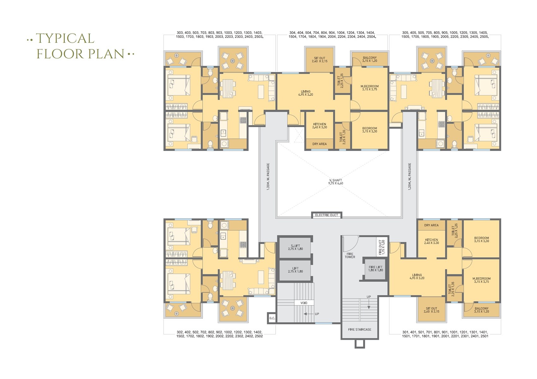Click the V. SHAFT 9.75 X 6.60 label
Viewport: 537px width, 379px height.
click(x=335, y=182)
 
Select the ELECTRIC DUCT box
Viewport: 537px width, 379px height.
click(x=326, y=215)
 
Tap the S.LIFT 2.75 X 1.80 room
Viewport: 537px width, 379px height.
click(x=295, y=247)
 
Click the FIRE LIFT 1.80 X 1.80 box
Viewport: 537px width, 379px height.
click(x=375, y=268)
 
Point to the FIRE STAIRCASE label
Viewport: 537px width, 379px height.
click(x=359, y=329)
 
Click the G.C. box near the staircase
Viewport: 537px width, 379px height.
click(x=272, y=318)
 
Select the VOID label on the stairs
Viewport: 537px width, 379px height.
click(x=304, y=303)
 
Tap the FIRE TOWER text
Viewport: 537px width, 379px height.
click(x=350, y=255)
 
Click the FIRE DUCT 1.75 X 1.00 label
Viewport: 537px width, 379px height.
click(x=381, y=247)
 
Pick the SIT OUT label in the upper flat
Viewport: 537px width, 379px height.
click(x=320, y=59)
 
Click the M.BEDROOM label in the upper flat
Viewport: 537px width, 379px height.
click(x=369, y=87)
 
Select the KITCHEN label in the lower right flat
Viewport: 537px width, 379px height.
click(x=431, y=241)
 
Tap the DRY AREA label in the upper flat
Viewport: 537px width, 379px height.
click(x=319, y=144)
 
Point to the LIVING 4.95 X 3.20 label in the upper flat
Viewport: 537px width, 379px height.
click(x=305, y=93)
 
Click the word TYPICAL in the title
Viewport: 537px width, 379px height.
click(x=65, y=39)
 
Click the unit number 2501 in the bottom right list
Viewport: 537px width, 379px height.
click(x=484, y=336)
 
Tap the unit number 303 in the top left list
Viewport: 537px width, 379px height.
click(x=180, y=33)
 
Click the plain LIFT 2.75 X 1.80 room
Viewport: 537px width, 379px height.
click(x=295, y=270)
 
